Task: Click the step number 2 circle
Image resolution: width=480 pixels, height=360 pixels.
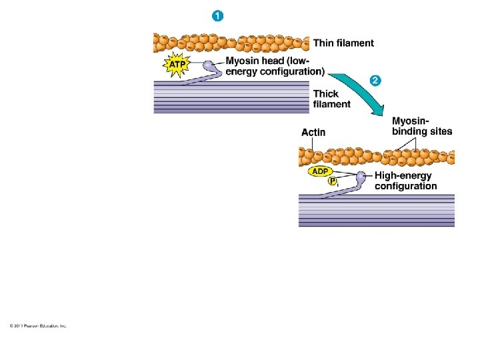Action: pos(375,81)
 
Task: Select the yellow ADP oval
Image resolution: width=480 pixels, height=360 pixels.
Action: pos(320,171)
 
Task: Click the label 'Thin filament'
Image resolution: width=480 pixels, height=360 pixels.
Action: pos(343,43)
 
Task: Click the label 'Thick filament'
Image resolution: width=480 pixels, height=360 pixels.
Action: pos(331,99)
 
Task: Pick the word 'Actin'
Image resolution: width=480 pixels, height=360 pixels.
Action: pos(313,133)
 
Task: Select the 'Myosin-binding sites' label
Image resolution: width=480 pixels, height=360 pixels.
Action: pos(421,126)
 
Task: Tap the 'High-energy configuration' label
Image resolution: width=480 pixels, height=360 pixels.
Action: pos(406,181)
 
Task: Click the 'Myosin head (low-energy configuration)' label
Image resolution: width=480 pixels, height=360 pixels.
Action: pos(275,66)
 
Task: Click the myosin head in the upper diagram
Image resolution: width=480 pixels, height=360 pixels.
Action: pos(211,67)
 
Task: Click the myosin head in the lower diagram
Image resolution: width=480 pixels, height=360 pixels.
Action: pos(361,179)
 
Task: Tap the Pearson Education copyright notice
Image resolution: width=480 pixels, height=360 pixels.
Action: pos(38,326)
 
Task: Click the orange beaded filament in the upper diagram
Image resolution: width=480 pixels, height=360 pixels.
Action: pos(231,43)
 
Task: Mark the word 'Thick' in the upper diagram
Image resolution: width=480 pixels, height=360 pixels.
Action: pos(326,94)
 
